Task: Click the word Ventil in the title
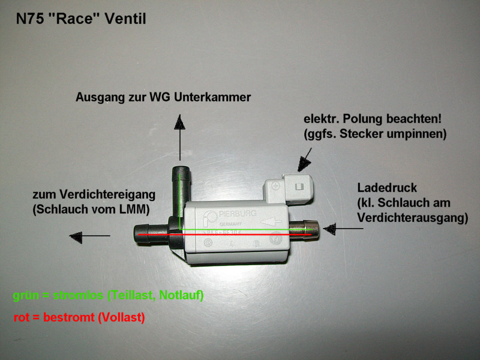(124, 19)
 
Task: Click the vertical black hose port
(180, 186)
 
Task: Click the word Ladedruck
(382, 188)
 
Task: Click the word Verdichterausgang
(412, 219)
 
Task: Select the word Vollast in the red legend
(122, 317)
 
